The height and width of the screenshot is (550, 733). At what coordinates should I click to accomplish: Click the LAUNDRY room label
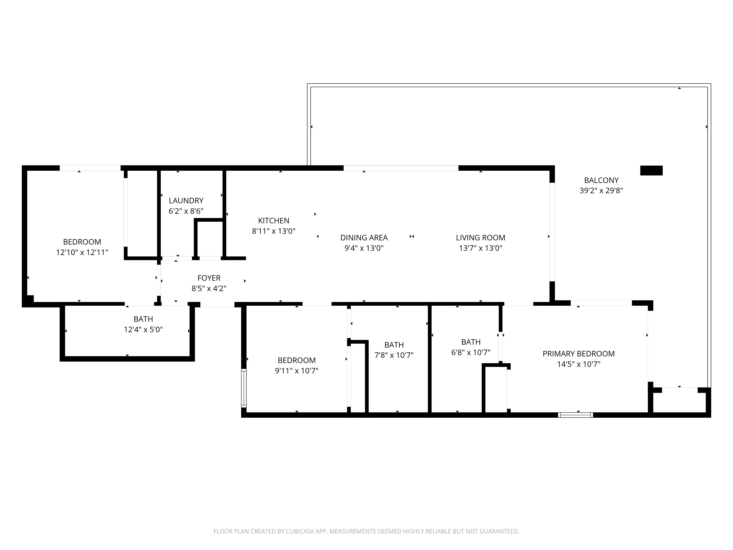tap(186, 201)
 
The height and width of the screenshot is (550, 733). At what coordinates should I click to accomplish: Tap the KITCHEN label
tap(274, 221)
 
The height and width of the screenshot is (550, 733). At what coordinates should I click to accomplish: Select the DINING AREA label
tap(364, 238)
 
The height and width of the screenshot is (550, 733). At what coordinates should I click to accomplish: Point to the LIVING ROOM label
tap(480, 238)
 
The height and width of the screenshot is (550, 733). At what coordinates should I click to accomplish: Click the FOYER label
tap(209, 278)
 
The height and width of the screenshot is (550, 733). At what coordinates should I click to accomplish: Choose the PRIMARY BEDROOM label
tap(579, 354)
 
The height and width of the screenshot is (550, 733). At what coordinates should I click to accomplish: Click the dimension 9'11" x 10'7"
tap(296, 371)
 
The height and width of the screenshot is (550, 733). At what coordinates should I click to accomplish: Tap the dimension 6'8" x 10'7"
tap(471, 352)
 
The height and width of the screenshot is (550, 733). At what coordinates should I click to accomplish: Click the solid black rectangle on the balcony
tap(651, 170)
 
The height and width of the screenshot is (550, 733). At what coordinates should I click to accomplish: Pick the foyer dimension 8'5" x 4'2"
tap(209, 288)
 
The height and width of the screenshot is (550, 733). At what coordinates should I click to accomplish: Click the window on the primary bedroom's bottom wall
tap(576, 415)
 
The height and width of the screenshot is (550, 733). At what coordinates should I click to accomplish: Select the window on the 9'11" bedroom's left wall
tap(244, 388)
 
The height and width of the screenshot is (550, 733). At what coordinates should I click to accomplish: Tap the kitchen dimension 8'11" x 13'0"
tap(274, 231)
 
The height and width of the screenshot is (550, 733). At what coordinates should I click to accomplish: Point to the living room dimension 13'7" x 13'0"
tap(480, 248)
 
